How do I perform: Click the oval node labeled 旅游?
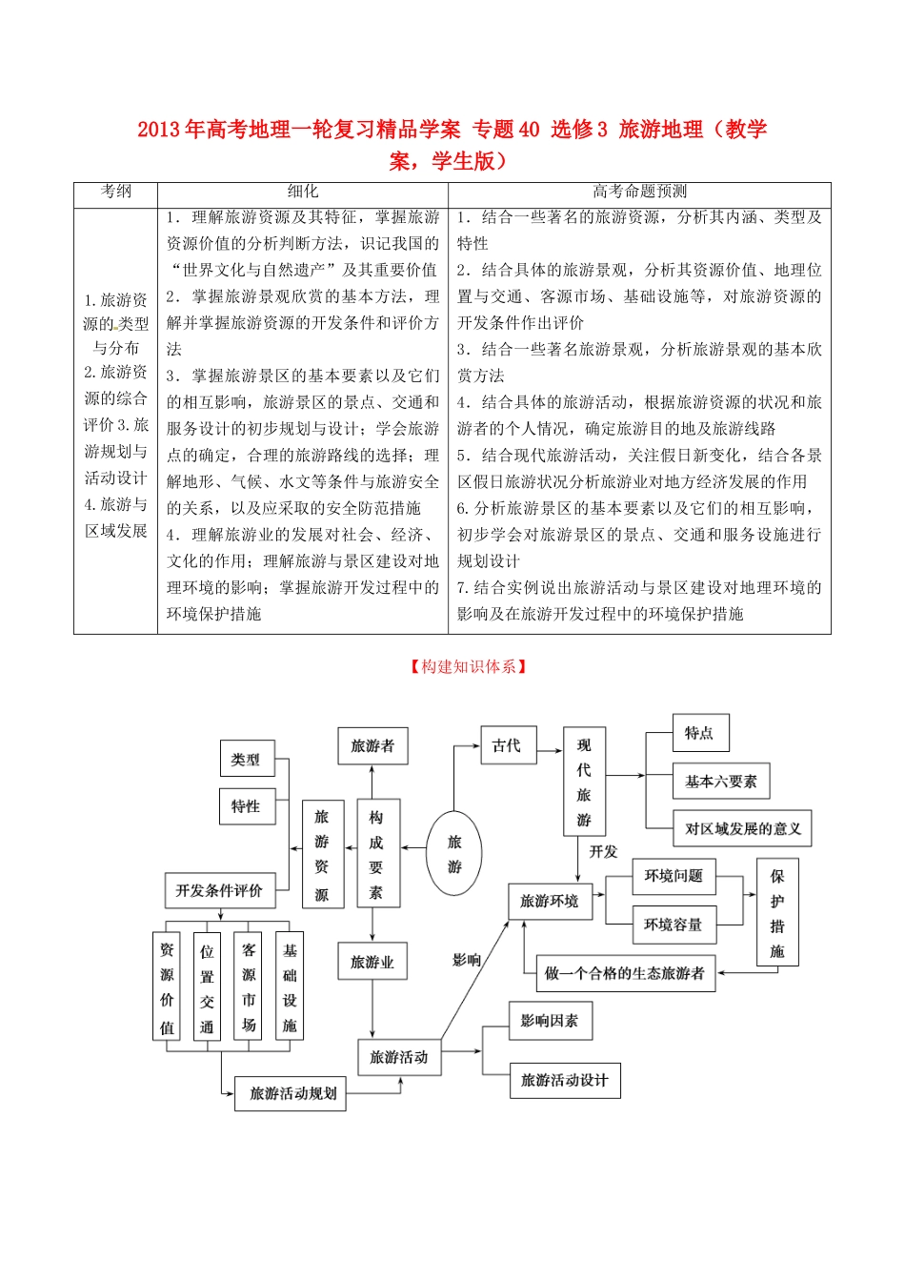tap(453, 853)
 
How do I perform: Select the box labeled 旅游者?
tap(372, 746)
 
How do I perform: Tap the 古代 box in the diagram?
tap(507, 746)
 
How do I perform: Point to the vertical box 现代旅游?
tap(584, 782)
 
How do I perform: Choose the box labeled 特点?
tap(699, 733)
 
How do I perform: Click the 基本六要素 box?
tap(720, 782)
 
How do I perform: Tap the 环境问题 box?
tap(674, 876)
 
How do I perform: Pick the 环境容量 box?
tap(674, 925)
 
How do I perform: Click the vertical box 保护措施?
tap(777, 912)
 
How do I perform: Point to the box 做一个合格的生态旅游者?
tap(625, 973)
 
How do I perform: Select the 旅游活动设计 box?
tap(564, 1080)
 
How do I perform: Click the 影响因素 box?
tap(550, 1021)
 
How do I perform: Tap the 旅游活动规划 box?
tap(291, 1093)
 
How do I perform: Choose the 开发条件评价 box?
tap(219, 890)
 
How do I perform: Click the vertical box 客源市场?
tap(249, 986)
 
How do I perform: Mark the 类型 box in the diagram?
tap(246, 760)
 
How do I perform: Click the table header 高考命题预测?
tap(639, 192)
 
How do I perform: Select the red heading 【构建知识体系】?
tap(468, 667)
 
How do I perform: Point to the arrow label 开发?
tap(603, 851)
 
